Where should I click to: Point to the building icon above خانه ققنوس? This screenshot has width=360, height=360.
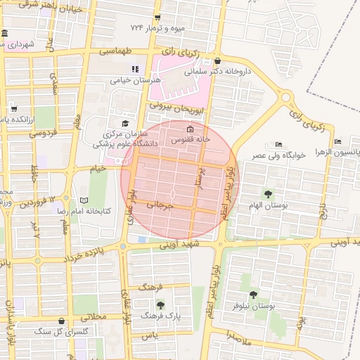coord(190,129)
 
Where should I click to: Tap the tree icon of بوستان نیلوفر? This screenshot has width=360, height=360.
coord(253,295)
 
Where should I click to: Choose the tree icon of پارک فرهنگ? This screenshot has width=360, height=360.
coord(161,305)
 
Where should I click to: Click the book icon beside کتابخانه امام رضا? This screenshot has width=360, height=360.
coord(84,200)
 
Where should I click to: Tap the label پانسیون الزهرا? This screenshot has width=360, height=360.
coord(338,151)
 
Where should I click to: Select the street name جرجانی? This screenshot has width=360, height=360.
coord(159,205)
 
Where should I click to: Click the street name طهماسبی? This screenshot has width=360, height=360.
coord(116,51)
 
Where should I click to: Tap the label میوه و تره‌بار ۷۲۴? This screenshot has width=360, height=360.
coord(157,28)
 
